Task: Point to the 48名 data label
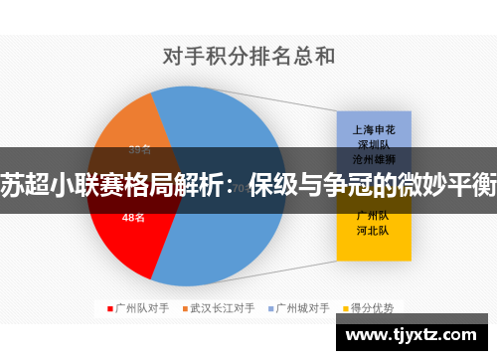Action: coord(133,216)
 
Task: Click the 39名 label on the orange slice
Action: coord(140,150)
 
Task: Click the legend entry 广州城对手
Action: coord(304,308)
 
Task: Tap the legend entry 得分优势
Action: coord(375,308)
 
